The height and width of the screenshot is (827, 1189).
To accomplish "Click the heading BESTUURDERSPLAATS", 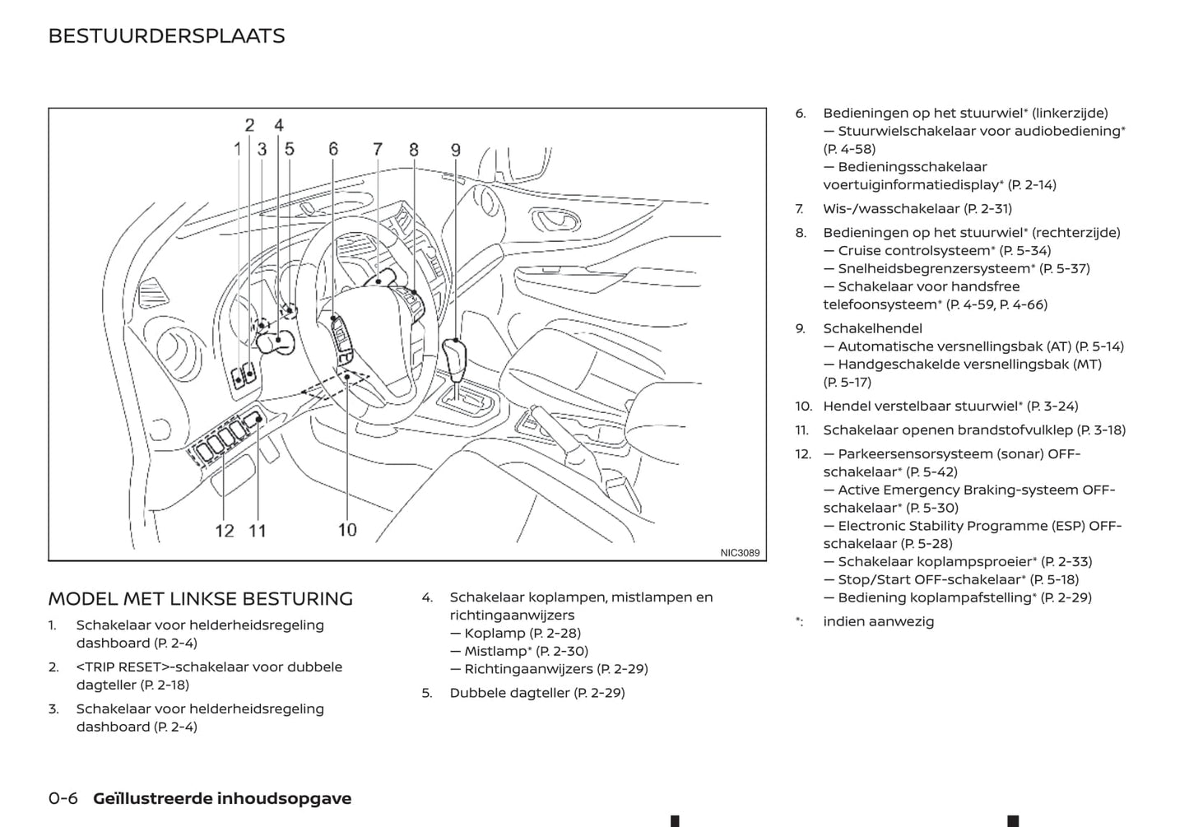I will tap(166, 36).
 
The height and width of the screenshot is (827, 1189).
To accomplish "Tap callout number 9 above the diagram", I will tap(455, 151).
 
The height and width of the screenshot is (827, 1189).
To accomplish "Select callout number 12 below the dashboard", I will tap(225, 531).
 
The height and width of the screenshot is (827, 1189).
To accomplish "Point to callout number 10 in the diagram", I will tap(347, 530).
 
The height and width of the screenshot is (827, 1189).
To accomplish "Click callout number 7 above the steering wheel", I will tap(378, 149).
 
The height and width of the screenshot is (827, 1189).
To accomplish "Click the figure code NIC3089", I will tap(740, 553).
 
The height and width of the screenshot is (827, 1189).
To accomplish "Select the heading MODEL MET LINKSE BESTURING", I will tap(200, 598).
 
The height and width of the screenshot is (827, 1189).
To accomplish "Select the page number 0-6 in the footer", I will tap(63, 798).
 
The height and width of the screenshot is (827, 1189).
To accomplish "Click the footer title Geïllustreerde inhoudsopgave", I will tap(222, 798).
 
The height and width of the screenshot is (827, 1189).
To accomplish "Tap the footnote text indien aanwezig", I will tap(878, 621).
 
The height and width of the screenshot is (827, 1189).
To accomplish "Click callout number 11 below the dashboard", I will tap(258, 531).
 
